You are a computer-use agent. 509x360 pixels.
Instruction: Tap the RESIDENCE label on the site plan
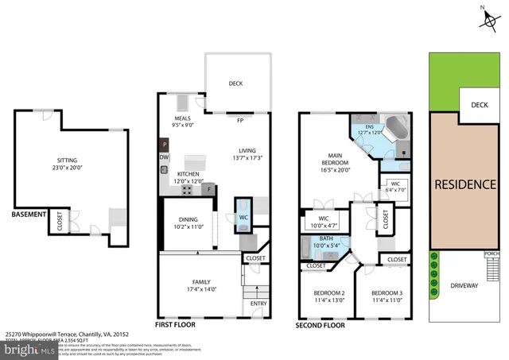click(x=464, y=184)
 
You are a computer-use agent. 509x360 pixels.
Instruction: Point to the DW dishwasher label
click(x=165, y=157)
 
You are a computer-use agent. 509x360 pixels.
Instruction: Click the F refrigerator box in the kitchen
click(x=210, y=189)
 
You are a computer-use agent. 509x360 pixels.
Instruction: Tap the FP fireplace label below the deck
click(x=239, y=122)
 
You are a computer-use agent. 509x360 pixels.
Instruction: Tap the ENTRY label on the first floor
click(x=258, y=303)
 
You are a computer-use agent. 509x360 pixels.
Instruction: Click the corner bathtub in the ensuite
click(x=395, y=127)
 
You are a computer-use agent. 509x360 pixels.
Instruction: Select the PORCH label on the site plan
click(x=492, y=254)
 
